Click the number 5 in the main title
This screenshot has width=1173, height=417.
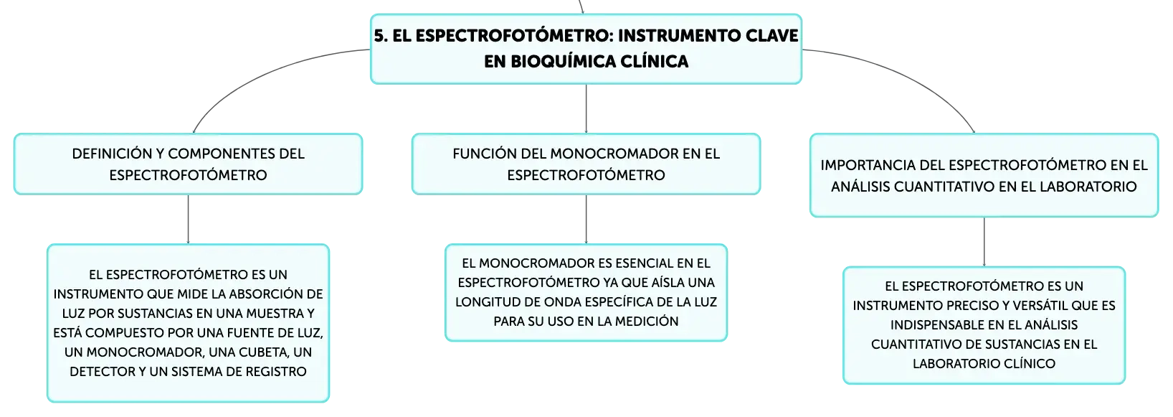point(380,36)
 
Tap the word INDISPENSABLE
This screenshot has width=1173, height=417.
point(929,325)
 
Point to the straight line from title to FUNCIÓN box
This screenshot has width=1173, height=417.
point(586,108)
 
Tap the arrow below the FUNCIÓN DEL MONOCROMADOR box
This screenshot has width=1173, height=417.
point(586,219)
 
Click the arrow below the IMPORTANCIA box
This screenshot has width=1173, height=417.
point(984,242)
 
